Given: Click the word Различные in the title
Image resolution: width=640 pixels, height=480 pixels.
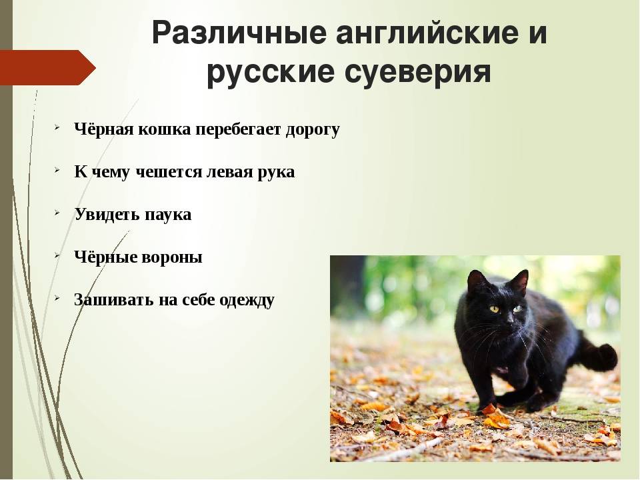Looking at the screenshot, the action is click(x=239, y=33).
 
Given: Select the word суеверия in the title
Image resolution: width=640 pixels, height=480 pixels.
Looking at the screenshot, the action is click(x=418, y=73).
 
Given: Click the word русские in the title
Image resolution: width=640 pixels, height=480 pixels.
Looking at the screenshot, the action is click(x=271, y=73).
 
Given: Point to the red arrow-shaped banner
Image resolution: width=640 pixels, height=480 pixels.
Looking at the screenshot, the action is click(x=48, y=67).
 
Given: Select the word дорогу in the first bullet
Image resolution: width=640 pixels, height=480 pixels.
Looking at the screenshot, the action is click(x=313, y=130).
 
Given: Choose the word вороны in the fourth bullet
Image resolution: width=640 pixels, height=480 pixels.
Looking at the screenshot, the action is click(x=172, y=257).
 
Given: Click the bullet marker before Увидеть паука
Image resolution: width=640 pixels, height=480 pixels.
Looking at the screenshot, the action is click(x=57, y=213).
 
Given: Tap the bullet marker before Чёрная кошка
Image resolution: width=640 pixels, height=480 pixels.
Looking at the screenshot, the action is click(x=57, y=127).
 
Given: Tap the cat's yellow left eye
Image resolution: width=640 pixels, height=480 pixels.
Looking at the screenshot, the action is click(x=517, y=309).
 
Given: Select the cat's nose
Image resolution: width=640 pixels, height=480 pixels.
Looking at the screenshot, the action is click(x=507, y=323).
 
